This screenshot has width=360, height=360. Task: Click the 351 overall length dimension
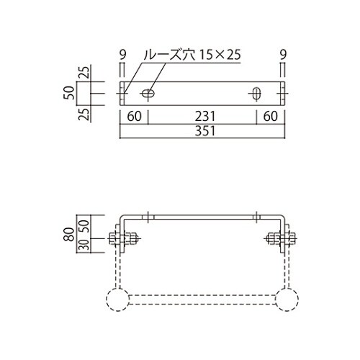point(204,131)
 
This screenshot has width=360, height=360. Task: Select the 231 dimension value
point(205,117)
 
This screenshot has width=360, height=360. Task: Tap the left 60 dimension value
point(134,117)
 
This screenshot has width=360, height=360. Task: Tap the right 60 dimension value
point(271,117)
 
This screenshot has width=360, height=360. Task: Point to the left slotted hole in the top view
point(148,93)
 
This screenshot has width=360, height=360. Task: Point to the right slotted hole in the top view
point(256,94)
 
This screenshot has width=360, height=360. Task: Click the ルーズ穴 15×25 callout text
point(192,55)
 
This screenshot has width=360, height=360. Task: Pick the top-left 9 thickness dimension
point(122,55)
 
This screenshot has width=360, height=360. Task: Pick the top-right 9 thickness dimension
point(283,55)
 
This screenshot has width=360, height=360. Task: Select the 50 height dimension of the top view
point(69,93)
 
